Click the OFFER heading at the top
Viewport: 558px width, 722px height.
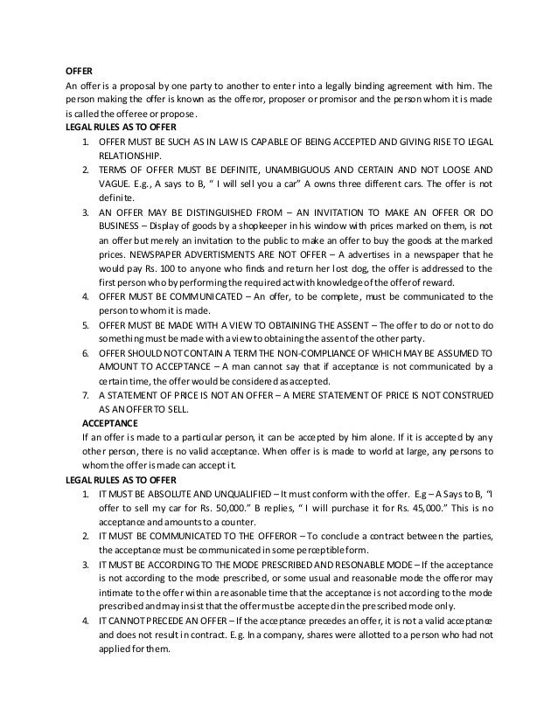click(x=80, y=72)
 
